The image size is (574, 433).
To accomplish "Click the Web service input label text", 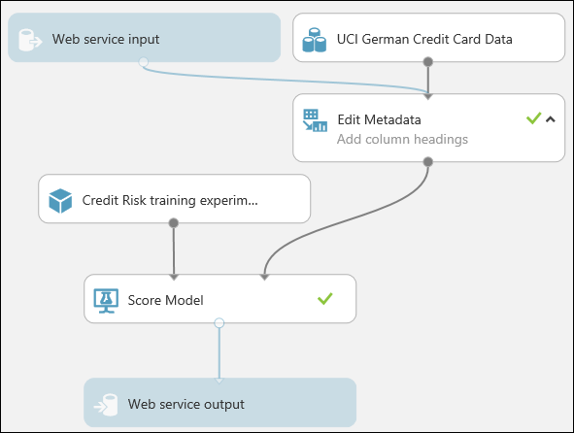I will click(106, 40).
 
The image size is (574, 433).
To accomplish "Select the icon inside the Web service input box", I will click(31, 40).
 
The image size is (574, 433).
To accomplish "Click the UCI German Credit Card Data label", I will click(424, 40).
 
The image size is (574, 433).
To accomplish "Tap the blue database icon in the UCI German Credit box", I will click(314, 40).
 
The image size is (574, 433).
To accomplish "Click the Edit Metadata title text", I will click(379, 119).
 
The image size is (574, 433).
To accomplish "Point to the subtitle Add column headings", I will click(402, 139).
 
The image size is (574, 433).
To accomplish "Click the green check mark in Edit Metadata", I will click(532, 118).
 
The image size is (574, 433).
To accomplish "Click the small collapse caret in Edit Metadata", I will click(550, 119).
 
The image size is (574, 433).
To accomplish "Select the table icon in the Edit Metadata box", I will click(315, 121).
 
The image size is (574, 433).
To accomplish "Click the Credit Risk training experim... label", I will click(184, 201).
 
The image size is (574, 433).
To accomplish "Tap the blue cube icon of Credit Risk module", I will click(61, 201).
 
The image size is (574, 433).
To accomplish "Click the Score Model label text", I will click(166, 300).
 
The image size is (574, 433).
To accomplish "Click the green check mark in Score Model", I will click(325, 299).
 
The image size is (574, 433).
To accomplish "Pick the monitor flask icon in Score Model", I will click(105, 300).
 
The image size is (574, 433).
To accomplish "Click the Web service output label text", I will click(186, 403).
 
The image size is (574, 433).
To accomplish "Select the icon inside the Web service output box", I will click(107, 404).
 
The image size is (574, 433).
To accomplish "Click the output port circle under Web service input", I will click(144, 62).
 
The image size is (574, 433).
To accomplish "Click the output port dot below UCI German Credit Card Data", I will click(428, 62).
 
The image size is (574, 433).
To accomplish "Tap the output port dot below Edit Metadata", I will click(428, 161).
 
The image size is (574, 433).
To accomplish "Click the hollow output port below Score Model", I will click(219, 322).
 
